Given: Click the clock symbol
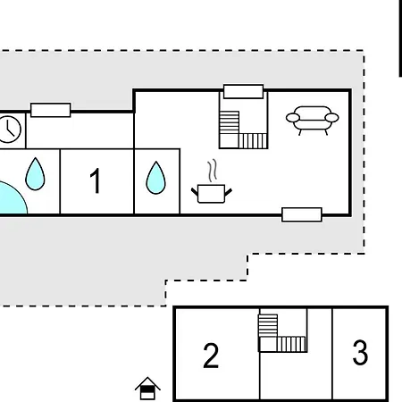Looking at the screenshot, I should pyautogui.click(x=10, y=129).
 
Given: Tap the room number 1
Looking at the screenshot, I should pyautogui.click(x=96, y=181).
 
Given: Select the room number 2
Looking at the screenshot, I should pyautogui.click(x=211, y=356).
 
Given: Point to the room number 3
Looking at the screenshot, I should pyautogui.click(x=360, y=353).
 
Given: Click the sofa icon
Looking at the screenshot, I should pyautogui.click(x=312, y=119).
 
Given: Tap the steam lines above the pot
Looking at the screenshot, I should pyautogui.click(x=213, y=170).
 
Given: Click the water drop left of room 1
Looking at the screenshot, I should pyautogui.click(x=35, y=174).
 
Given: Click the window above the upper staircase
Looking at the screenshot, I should pyautogui.click(x=243, y=91).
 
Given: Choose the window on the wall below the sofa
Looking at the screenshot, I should pyautogui.click(x=302, y=214).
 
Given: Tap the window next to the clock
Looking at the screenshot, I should pyautogui.click(x=51, y=110).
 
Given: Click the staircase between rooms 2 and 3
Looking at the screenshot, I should pyautogui.click(x=282, y=332).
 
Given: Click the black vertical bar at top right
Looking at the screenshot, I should pyautogui.click(x=399, y=39).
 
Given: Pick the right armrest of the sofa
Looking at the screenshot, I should pyautogui.click(x=332, y=117).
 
